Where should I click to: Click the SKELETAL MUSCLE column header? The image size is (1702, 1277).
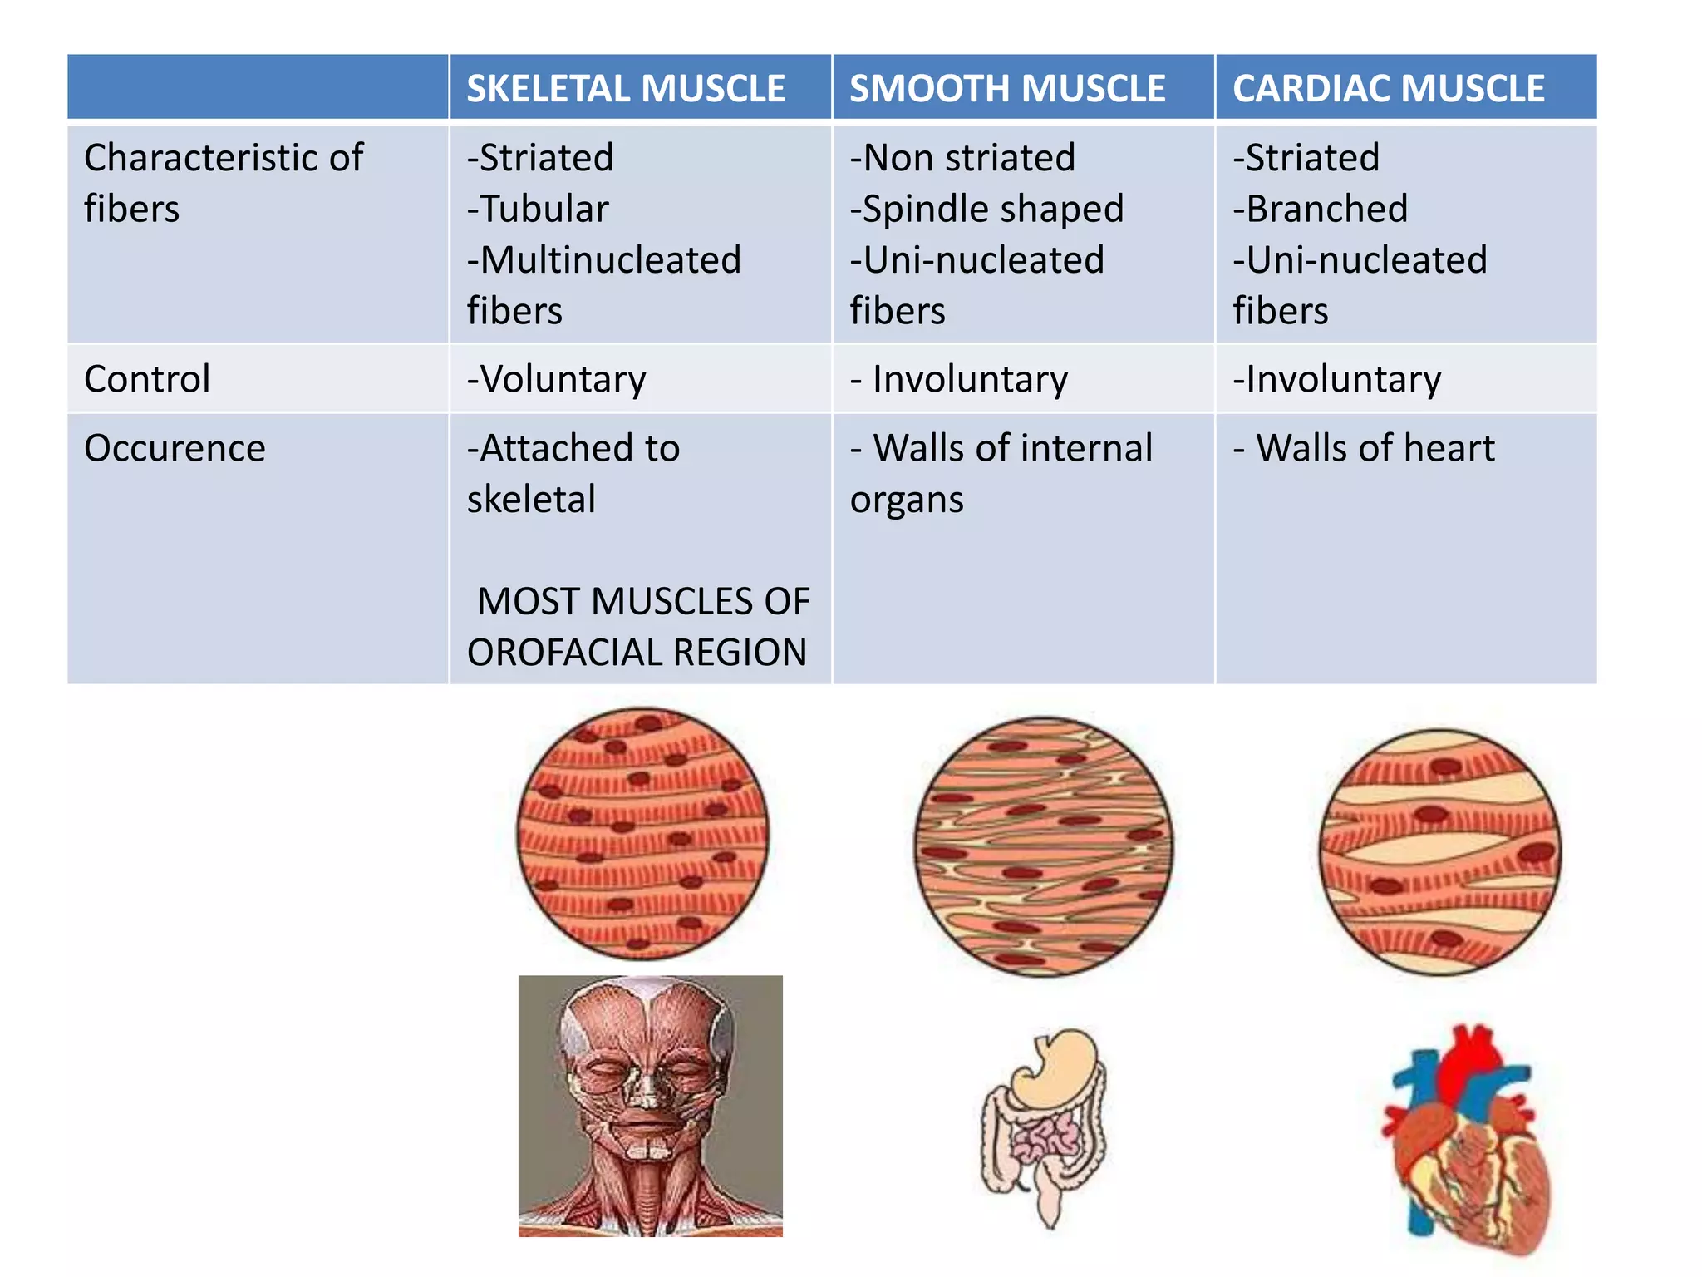[x=625, y=89]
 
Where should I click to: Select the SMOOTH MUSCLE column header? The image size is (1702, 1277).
[x=1007, y=89]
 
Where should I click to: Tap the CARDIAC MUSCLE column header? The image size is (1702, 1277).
[x=1388, y=89]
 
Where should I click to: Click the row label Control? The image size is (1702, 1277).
[x=147, y=379]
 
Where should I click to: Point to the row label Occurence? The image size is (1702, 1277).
[x=175, y=448]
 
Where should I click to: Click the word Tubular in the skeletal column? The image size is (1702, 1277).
[x=544, y=209]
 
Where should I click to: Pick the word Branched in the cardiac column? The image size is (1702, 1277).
[x=1326, y=209]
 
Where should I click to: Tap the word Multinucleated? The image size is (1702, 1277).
[x=610, y=260]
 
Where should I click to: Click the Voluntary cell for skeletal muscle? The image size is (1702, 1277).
[x=562, y=379]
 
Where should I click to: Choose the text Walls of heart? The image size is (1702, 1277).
[x=1375, y=448]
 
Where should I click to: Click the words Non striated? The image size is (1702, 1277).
[x=969, y=158]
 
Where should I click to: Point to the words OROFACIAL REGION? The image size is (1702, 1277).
[x=637, y=653]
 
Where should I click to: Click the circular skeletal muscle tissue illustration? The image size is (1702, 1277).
[x=642, y=833]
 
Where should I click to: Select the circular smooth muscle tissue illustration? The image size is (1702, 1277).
[x=1044, y=846]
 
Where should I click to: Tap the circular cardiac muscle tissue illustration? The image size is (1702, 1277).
[x=1440, y=851]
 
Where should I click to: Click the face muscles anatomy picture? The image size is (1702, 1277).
[x=650, y=1106]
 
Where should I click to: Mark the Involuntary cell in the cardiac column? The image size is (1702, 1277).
[x=1343, y=379]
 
